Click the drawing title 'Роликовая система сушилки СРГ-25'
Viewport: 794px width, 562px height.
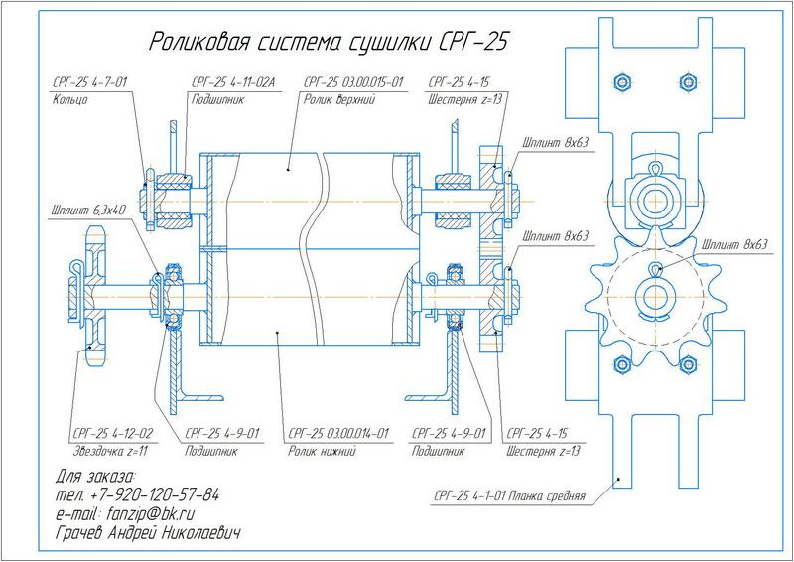[x=331, y=42]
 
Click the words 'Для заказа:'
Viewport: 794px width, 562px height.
[x=88, y=476]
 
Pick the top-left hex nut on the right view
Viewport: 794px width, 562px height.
[x=622, y=80]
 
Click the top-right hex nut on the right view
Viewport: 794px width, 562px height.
[x=684, y=80]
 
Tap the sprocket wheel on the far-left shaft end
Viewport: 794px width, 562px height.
[x=94, y=288]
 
